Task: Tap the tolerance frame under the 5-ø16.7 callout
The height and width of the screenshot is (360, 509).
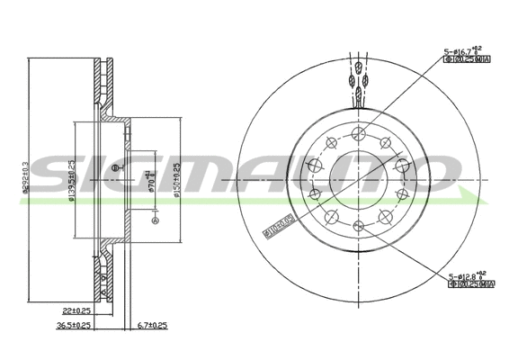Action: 466,63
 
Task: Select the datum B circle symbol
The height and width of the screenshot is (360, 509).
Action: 114,168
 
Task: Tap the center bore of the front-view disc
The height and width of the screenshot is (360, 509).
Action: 358,179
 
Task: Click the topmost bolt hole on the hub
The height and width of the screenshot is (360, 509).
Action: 359,133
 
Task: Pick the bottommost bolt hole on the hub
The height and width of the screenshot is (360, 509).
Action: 358,226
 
